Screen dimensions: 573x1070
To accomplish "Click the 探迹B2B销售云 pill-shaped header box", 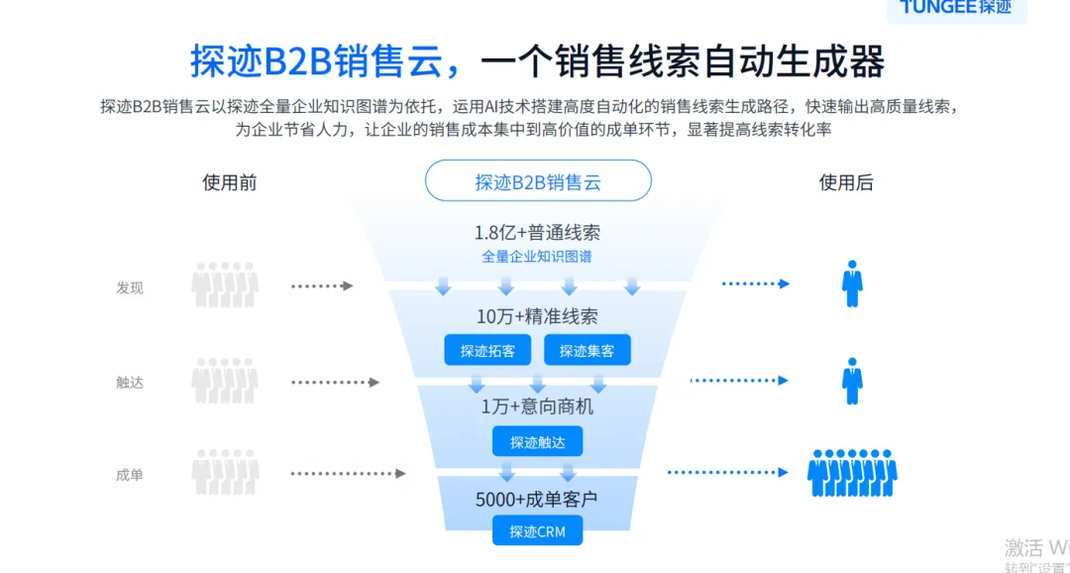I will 538,181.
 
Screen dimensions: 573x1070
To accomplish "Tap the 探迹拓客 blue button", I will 487,350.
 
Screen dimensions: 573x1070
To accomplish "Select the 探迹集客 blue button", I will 587,350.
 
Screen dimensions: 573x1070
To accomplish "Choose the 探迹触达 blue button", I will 537,441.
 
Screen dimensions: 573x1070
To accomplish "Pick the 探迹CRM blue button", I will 537,531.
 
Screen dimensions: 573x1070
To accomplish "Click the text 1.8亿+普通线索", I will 537,234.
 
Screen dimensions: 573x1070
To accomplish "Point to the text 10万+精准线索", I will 537,317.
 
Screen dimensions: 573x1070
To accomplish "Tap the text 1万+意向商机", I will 537,406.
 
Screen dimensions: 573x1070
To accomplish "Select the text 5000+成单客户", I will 537,500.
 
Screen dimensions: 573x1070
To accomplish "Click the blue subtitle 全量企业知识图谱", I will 537,257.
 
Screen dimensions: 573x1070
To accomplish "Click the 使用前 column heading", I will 230,182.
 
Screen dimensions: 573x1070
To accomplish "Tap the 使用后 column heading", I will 846,182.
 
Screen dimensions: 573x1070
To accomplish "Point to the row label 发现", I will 130,287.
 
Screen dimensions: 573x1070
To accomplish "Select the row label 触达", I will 130,382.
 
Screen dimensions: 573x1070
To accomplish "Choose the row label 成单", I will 130,475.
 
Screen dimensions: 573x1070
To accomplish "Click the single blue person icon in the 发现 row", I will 852,284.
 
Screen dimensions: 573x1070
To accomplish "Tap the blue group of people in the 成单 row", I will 852,472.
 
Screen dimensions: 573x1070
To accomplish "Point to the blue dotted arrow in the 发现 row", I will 755,285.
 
